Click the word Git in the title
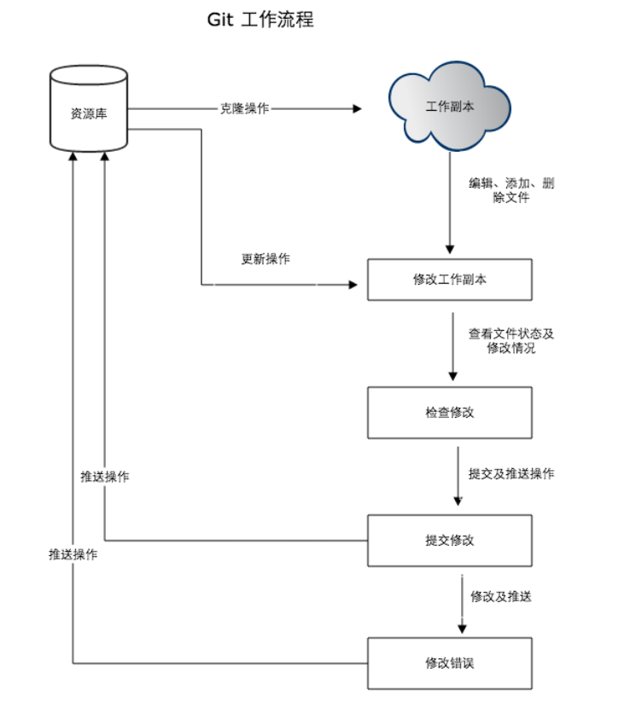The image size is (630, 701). point(220,20)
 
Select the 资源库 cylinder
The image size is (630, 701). point(89,111)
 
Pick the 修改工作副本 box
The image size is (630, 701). point(450,280)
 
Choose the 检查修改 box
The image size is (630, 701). point(450,413)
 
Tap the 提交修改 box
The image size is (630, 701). point(450,540)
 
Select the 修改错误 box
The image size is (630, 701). point(450,663)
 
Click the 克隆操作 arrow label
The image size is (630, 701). point(245,109)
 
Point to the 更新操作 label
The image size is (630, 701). point(265,258)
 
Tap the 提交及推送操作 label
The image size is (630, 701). point(511,473)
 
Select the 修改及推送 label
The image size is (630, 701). point(501,596)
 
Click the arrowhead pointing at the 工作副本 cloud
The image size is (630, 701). point(357,109)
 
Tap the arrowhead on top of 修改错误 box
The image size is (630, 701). point(462,628)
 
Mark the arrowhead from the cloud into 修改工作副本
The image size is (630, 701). point(450,247)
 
